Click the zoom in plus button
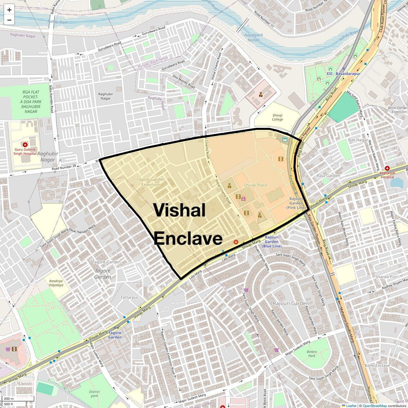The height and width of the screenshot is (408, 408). pos(9,10)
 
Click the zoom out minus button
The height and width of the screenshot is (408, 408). pos(9,20)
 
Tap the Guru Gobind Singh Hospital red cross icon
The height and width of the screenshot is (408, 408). pos(25,145)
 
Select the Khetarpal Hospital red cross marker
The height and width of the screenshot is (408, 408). pos(387,168)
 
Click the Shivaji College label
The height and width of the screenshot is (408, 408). pos(277,117)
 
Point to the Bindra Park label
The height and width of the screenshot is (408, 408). pos(311,354)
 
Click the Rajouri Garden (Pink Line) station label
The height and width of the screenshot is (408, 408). pos(296,203)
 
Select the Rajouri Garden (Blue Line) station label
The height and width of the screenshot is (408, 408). pos(272,241)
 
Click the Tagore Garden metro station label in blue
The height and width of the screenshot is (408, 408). pos(115,335)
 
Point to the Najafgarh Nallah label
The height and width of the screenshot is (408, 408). pos(252,37)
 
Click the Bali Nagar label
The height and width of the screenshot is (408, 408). pos(358,140)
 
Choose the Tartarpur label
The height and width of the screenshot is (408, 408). pos(130,297)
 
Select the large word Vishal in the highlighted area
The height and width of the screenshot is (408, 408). pos(180,210)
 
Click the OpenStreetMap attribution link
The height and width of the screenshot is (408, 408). pos(374,406)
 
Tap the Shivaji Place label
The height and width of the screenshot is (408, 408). pos(256,185)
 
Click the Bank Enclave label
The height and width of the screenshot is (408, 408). pos(377,365)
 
